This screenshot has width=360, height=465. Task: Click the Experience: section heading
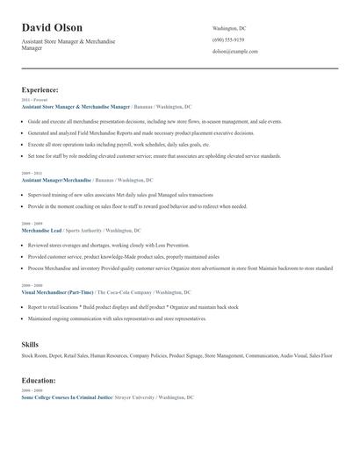click(x=40, y=89)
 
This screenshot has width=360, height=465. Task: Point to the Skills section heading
click(x=30, y=345)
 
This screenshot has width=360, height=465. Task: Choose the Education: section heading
click(x=39, y=381)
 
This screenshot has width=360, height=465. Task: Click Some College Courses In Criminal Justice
click(x=67, y=397)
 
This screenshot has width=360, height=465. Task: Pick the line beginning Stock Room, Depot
click(x=176, y=356)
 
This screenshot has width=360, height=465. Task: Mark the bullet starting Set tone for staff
click(x=154, y=155)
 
